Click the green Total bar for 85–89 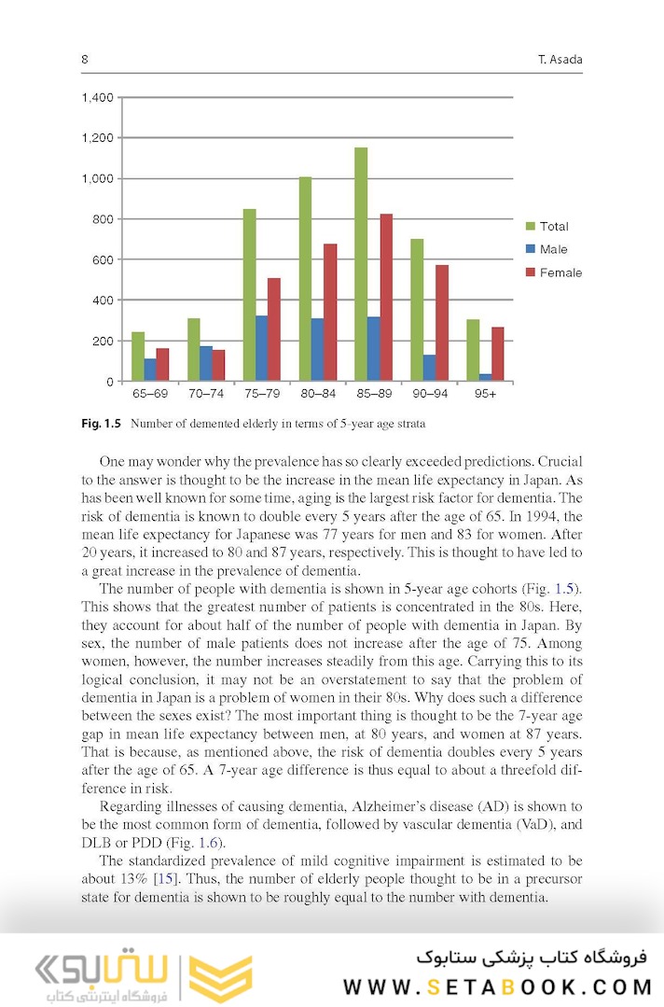361,264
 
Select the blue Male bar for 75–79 261,348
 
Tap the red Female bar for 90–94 442,322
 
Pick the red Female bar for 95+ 497,354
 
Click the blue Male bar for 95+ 485,377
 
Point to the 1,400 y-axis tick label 98,97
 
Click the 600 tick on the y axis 104,259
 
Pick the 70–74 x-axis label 205,395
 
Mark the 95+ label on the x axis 485,395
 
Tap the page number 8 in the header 85,60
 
